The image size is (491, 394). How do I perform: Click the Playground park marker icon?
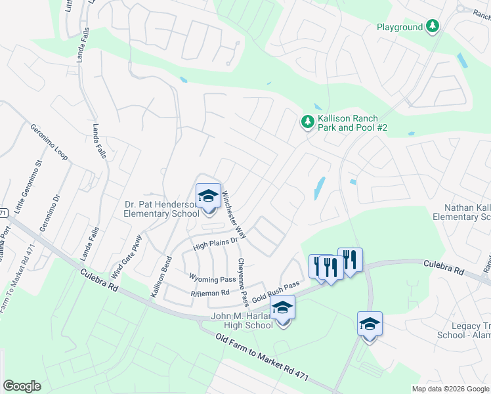pyautogui.click(x=432, y=26)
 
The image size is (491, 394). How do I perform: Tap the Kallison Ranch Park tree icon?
pyautogui.click(x=307, y=121)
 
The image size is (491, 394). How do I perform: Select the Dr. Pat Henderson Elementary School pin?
pyautogui.click(x=208, y=196)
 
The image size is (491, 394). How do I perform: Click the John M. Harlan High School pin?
pyautogui.click(x=282, y=309)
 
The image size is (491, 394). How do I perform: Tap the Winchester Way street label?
pyautogui.click(x=234, y=214)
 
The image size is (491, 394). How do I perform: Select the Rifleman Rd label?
pyautogui.click(x=209, y=293)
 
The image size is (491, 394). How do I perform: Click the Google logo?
pyautogui.click(x=22, y=386)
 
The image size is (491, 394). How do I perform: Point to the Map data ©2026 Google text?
pyautogui.click(x=450, y=389)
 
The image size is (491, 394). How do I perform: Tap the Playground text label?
pyautogui.click(x=399, y=27)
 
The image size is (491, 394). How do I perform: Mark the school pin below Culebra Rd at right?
pyautogui.click(x=370, y=324)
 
